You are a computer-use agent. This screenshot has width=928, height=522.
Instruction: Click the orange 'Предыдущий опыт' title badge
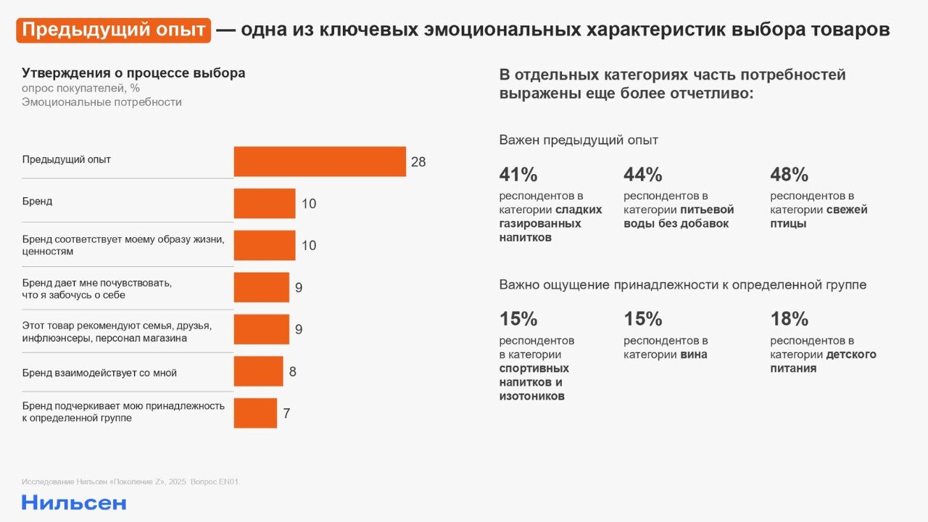pos(114,30)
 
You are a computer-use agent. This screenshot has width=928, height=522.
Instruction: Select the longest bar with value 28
pos(320,162)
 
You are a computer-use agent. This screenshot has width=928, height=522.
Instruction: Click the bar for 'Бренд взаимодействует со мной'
pos(258,371)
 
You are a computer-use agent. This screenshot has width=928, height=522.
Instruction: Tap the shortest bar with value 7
pos(255,413)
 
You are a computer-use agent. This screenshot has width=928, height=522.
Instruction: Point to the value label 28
pos(418,162)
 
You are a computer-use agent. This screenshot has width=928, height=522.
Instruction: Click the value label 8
pos(293,372)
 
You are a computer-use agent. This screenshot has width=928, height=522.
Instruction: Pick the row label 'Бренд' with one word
pos(38,201)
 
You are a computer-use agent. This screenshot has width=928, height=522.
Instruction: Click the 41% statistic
pos(518,175)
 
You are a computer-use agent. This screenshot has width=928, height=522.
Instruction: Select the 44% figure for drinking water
pos(643,175)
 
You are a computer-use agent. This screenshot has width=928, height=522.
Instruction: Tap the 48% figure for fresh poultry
pos(790,175)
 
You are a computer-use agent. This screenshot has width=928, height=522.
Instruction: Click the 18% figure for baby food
pos(790,319)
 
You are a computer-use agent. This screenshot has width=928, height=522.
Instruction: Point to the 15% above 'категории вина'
pos(643,319)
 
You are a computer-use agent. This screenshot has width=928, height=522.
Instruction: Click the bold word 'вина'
pos(693,355)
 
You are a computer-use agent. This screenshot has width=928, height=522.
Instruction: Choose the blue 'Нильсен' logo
pos(74,502)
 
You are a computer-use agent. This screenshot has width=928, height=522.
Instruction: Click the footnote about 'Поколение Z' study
pos(131,481)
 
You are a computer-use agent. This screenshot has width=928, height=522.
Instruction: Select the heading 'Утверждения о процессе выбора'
pos(133,73)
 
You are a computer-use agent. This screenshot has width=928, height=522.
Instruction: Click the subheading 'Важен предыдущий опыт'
pos(579,140)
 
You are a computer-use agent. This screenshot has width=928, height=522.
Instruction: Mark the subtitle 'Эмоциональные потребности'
pos(101,102)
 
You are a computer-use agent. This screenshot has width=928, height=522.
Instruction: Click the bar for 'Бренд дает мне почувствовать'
pos(261,287)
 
